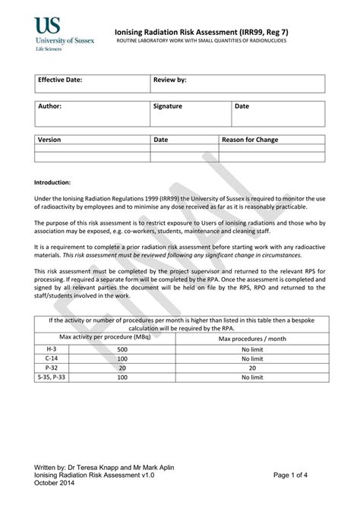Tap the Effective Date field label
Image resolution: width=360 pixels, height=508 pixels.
point(60,80)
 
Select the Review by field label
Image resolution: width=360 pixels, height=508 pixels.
point(169,80)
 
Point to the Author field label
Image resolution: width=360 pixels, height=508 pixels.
point(49,106)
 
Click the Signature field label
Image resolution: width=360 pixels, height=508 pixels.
point(167,106)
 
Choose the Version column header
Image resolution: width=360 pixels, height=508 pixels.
point(49,140)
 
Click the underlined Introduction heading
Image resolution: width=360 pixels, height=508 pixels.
point(53,183)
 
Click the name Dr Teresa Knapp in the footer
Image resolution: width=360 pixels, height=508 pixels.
point(95,466)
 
